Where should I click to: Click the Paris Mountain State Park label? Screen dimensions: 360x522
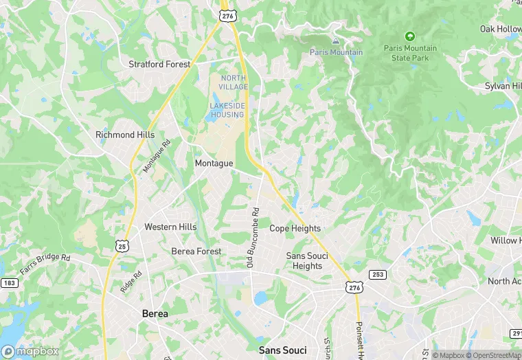410,53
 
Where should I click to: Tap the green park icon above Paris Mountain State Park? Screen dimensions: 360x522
410,36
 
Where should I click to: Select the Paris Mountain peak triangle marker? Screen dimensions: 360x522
336,41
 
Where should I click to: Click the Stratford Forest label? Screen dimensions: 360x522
159,64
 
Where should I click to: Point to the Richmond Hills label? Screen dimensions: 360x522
125,135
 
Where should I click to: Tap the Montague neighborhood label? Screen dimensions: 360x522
214,164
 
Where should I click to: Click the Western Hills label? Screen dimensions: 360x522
170,227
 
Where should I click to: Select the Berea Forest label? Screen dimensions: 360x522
196,251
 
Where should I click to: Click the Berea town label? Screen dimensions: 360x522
155,313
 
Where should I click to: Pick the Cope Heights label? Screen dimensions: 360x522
295,228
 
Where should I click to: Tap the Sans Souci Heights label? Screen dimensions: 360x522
307,261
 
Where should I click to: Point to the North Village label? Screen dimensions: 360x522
234,82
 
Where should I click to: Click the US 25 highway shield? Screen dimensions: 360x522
122,245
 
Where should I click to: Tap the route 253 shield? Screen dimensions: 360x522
377,274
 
